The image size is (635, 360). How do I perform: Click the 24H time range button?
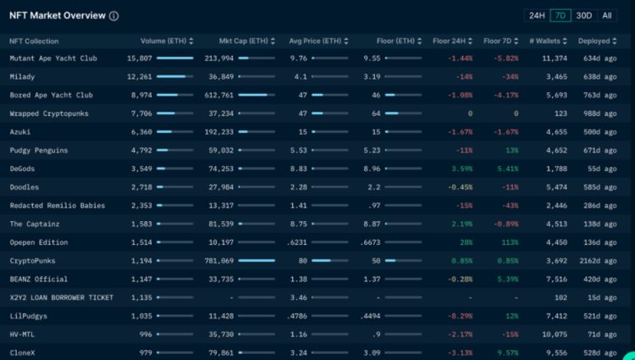(537, 15)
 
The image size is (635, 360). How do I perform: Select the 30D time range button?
(584, 15)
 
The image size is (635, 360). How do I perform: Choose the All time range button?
(607, 15)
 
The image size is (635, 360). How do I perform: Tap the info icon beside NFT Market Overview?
(114, 16)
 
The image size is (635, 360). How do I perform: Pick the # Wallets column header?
(545, 41)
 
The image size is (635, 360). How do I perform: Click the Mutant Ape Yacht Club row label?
(52, 58)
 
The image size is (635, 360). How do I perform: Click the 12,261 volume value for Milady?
(140, 77)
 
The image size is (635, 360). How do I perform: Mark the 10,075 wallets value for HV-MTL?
(555, 335)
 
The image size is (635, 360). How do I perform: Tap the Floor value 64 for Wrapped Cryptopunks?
(376, 114)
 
